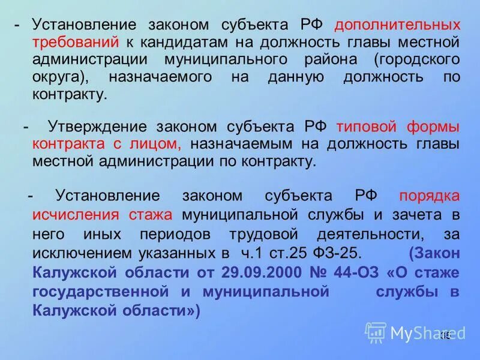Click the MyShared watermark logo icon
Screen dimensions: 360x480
pos(376,332)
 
